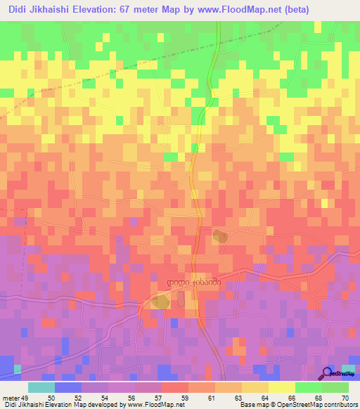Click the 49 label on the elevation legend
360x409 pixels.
(25, 397)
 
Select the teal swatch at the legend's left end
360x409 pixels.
(41, 387)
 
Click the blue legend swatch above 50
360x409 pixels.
(68, 387)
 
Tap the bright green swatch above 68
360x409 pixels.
(309, 387)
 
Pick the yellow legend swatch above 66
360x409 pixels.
(282, 387)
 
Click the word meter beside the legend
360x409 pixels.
(10, 397)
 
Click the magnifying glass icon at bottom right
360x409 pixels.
(328, 374)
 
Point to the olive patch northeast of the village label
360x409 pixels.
(220, 237)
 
